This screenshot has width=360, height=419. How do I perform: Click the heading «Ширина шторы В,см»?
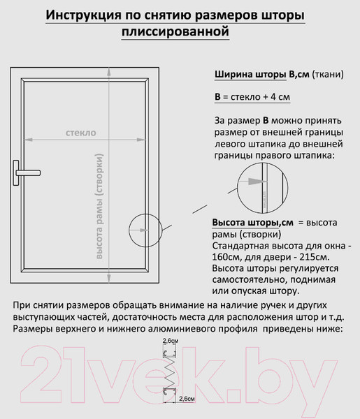[x=260, y=75]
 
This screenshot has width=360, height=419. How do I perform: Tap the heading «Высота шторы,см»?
[x=252, y=222]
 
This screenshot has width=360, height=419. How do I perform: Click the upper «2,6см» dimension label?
[x=170, y=339]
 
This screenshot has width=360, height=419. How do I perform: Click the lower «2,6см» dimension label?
[x=187, y=398]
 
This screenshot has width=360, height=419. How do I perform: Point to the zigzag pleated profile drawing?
[x=169, y=369]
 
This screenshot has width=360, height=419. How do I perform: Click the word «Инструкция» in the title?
[x=82, y=15]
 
